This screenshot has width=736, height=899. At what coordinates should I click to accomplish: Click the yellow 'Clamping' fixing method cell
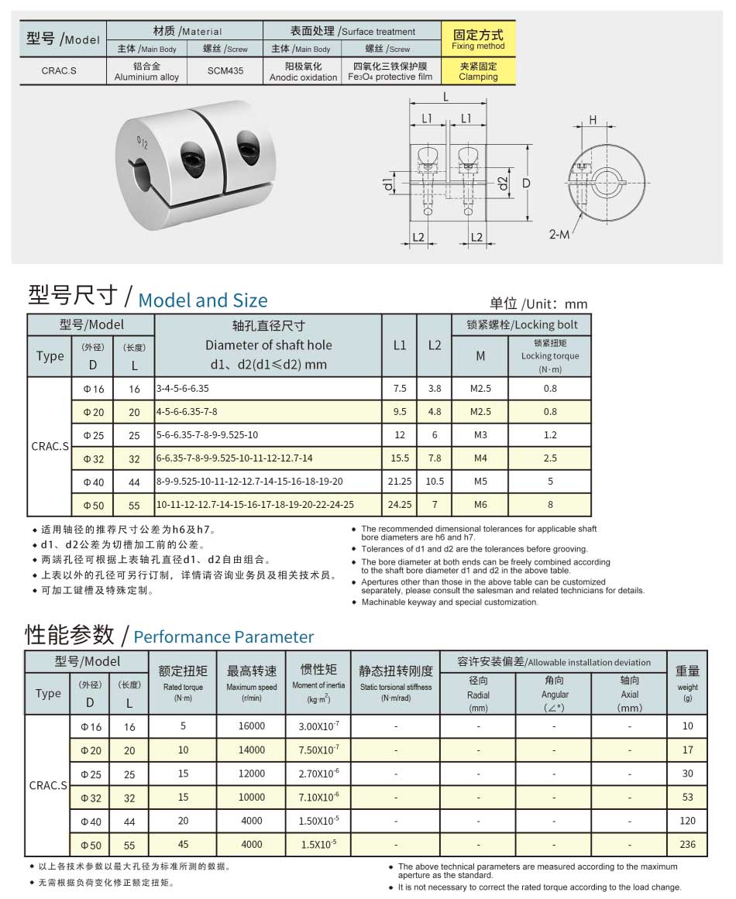coord(478,71)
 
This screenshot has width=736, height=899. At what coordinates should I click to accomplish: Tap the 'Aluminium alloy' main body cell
coord(146,71)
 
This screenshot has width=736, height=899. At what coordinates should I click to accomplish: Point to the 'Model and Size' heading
coord(202,300)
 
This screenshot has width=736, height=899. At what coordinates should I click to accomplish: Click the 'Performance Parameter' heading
coord(224,637)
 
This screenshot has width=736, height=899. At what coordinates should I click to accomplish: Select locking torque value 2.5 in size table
coord(550,458)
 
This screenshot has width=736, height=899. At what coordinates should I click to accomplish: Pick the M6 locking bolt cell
coord(480,505)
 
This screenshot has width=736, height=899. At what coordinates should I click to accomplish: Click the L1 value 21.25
coord(400,482)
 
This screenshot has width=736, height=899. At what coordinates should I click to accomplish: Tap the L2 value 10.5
coord(435,482)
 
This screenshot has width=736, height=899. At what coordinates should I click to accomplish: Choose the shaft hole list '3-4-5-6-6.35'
coord(183,389)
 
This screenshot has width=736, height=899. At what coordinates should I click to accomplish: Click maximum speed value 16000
coord(251,726)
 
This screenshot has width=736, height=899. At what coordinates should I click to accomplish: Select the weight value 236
coord(687,844)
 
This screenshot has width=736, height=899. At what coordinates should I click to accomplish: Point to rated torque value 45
coord(183,844)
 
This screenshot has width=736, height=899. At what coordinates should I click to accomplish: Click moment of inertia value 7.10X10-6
coord(318,797)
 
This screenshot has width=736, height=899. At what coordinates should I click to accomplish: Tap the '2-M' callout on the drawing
coord(559,234)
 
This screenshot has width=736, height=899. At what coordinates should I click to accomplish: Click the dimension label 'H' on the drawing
coord(593,119)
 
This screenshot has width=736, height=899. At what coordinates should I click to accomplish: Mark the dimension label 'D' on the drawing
coord(526,184)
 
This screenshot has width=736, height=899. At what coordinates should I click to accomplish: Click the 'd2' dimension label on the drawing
coord(502,184)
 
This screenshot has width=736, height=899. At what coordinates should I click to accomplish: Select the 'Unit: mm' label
coord(538,304)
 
